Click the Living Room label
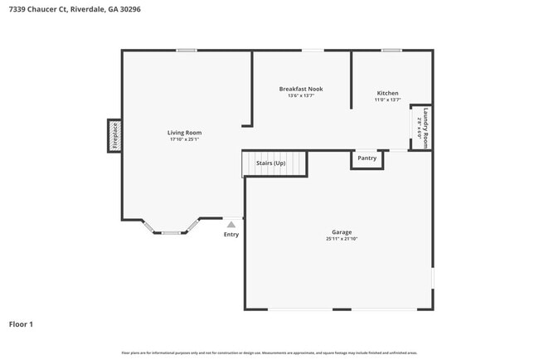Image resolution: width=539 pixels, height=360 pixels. click(184, 133)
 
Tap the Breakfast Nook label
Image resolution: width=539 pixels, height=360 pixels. click(301, 89)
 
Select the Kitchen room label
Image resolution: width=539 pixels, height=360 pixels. click(387, 93)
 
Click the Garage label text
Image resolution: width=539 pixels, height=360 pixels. click(342, 232)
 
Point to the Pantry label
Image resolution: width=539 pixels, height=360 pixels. click(367, 158)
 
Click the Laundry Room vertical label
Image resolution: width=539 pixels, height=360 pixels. click(426, 128)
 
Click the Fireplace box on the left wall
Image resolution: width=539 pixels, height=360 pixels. click(114, 136)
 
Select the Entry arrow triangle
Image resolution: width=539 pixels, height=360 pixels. click(231, 224)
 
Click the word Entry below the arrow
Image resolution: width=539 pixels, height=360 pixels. click(231, 235)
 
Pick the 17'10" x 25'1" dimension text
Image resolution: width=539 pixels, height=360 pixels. click(184, 139)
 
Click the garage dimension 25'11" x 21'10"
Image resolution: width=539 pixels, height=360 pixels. click(342, 239)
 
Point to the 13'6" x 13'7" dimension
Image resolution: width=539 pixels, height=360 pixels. click(301, 95)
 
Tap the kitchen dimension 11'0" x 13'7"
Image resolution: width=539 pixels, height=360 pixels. click(387, 100)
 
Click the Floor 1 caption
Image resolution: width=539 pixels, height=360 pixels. click(21, 324)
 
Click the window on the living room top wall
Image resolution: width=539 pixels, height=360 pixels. click(187, 51)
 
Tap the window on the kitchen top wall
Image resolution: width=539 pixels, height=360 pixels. click(391, 51)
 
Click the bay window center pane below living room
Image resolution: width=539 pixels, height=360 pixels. click(172, 232)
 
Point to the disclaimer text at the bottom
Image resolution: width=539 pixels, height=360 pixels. click(269, 353)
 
